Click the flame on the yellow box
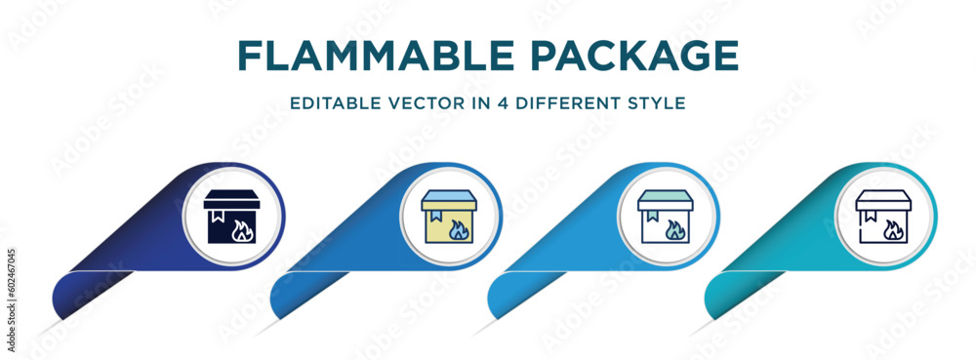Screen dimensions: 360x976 click(x=458, y=231)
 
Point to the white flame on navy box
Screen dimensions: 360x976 click(x=240, y=231)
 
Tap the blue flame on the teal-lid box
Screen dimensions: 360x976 click(x=674, y=231)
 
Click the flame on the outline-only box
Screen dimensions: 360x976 click(x=892, y=231)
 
